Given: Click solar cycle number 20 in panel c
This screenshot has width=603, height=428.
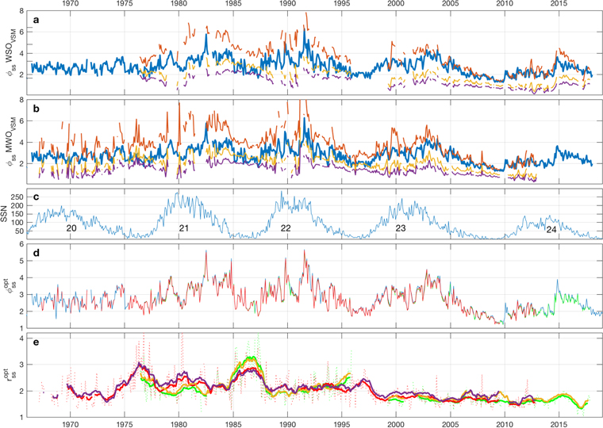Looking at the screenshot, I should pyautogui.click(x=70, y=228).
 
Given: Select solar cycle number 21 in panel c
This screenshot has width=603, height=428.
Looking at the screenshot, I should pyautogui.click(x=183, y=228).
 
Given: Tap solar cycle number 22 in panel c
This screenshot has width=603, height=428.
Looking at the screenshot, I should pyautogui.click(x=285, y=228).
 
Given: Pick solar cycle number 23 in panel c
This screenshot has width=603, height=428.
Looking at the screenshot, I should pyautogui.click(x=401, y=228).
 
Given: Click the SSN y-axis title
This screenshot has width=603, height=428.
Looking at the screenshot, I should pyautogui.click(x=7, y=212).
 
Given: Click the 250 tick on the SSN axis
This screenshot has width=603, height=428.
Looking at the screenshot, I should pyautogui.click(x=19, y=193).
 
